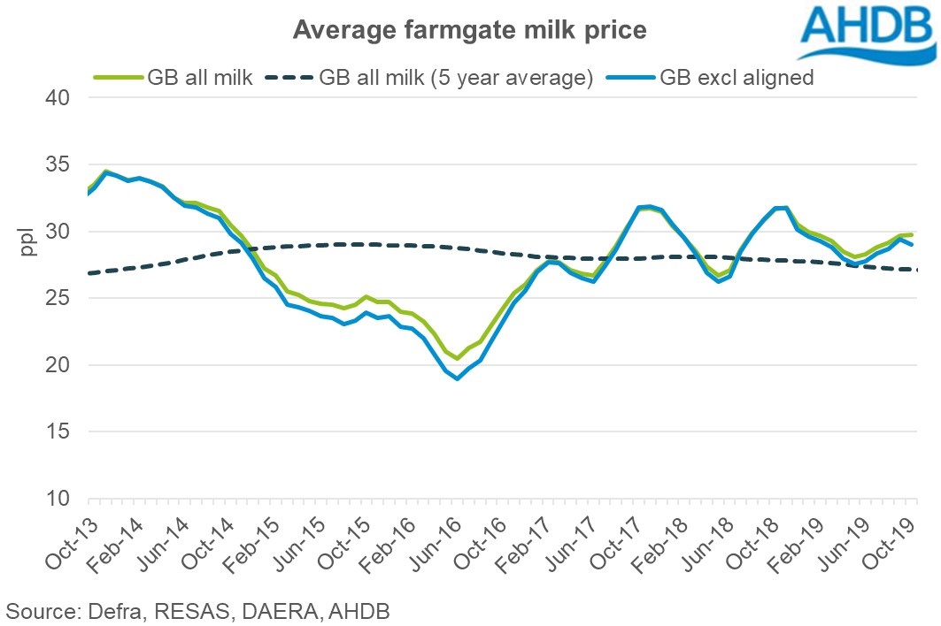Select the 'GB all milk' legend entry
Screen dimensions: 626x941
click(174, 78)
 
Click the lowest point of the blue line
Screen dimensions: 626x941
click(458, 378)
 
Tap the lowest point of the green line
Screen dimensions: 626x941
click(458, 358)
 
